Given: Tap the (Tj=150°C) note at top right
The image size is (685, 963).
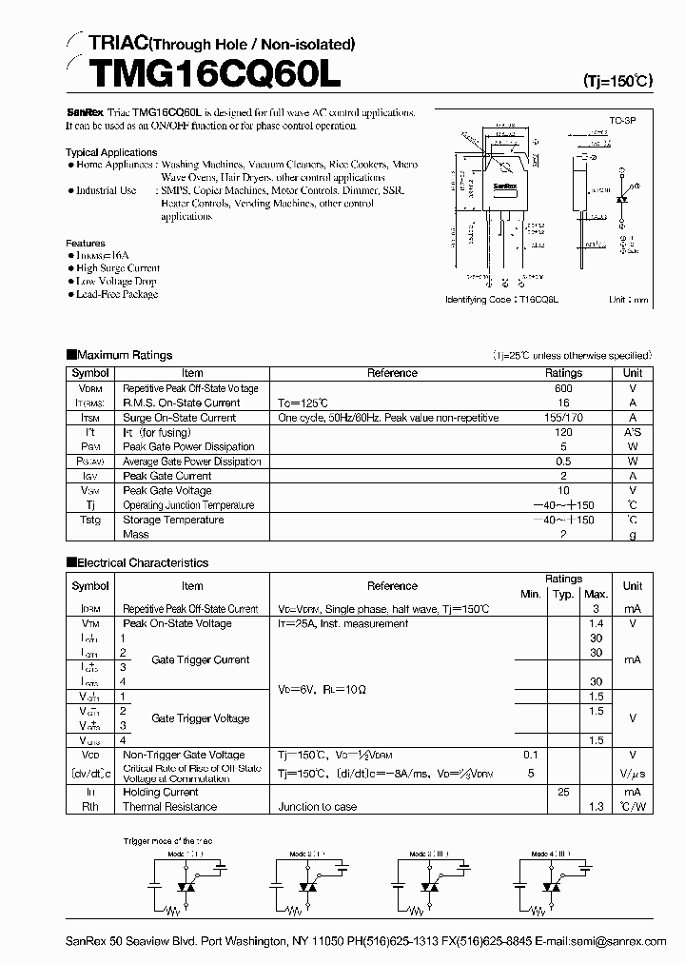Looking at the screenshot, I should pyautogui.click(x=616, y=82).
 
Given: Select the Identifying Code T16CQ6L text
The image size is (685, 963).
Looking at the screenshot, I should pyautogui.click(x=501, y=299).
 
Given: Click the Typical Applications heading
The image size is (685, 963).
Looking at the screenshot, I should pyautogui.click(x=111, y=152).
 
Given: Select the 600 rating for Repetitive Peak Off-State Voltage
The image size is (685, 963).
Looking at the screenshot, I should pyautogui.click(x=563, y=388).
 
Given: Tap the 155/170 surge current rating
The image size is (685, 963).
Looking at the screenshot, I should pyautogui.click(x=563, y=417).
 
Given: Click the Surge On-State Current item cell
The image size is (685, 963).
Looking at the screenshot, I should pyautogui.click(x=179, y=417).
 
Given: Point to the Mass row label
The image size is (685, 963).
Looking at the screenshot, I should pyautogui.click(x=135, y=535).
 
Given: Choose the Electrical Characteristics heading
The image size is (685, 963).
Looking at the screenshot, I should pyautogui.click(x=142, y=562).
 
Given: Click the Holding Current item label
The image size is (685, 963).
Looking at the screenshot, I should pyautogui.click(x=161, y=792).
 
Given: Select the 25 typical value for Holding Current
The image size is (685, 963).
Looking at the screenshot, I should pyautogui.click(x=563, y=792).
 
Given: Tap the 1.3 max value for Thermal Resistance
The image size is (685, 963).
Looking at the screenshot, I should pyautogui.click(x=596, y=807).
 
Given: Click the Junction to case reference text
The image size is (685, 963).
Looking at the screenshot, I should pyautogui.click(x=318, y=807).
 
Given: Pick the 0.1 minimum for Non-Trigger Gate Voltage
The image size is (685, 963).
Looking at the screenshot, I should pyautogui.click(x=530, y=755).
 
